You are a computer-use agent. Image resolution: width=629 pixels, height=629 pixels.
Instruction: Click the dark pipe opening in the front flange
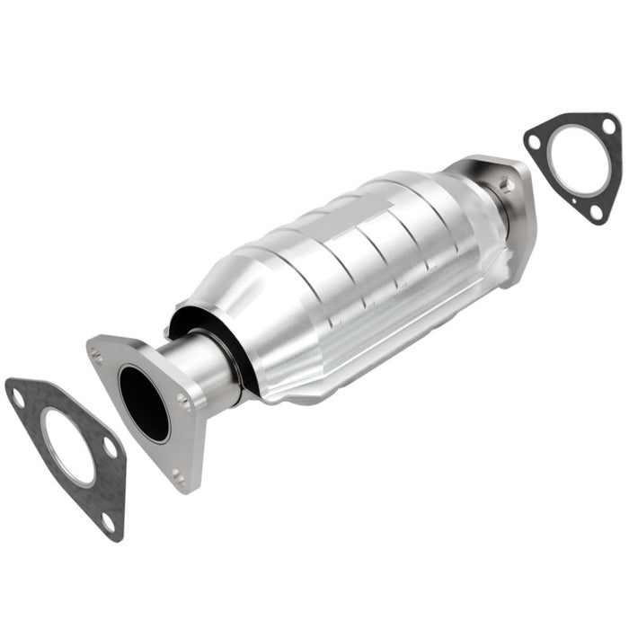click(x=144, y=403)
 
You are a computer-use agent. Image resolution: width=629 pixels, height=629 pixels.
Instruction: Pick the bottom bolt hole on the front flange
click(x=178, y=477)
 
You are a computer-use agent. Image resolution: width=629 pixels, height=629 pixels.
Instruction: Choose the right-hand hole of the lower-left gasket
click(x=109, y=447)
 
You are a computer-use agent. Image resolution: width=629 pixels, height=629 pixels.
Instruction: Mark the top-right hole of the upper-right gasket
click(x=608, y=128)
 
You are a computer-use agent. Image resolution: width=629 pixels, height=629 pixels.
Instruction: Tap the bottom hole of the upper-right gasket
click(x=596, y=212)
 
